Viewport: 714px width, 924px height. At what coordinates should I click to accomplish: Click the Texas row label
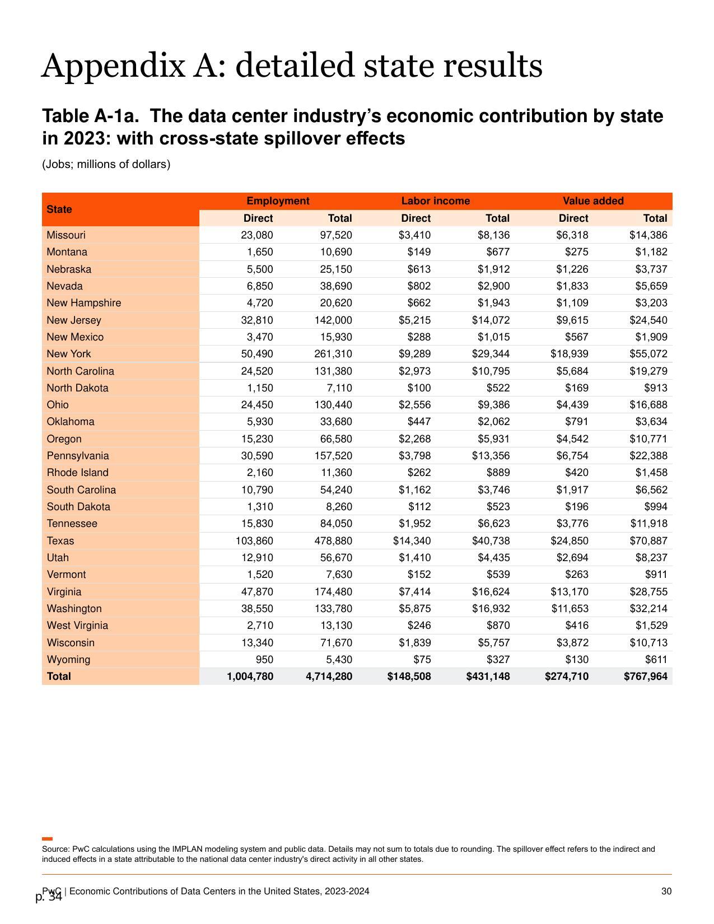point(60,540)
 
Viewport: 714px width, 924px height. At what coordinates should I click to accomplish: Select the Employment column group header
point(278,200)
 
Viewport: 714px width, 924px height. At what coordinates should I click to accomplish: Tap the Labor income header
point(436,200)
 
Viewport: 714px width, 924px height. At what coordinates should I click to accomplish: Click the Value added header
point(593,200)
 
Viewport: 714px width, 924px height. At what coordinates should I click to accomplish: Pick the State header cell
point(59,209)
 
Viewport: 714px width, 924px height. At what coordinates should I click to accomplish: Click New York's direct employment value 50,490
point(257,354)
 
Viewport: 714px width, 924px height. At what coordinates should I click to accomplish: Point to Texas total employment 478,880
point(333,540)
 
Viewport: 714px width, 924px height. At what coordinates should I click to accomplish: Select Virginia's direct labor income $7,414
point(414,591)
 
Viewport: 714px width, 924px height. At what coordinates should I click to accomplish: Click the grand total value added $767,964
point(646,676)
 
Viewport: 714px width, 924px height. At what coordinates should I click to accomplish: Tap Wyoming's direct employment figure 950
point(264,660)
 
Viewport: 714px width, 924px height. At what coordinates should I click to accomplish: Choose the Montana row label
point(67,252)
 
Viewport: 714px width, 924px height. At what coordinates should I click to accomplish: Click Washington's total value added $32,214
point(648,609)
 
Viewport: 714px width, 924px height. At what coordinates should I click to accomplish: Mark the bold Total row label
point(59,676)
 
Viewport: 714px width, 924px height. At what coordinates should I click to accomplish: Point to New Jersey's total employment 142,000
point(333,320)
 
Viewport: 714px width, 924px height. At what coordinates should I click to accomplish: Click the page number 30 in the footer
point(666,891)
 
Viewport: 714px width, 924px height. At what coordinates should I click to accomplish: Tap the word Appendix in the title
point(113,66)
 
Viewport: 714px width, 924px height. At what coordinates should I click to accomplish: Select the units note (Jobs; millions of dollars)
point(106,164)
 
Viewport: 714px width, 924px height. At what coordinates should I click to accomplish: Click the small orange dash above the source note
point(47,839)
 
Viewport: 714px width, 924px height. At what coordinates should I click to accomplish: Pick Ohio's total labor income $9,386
point(493,404)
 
